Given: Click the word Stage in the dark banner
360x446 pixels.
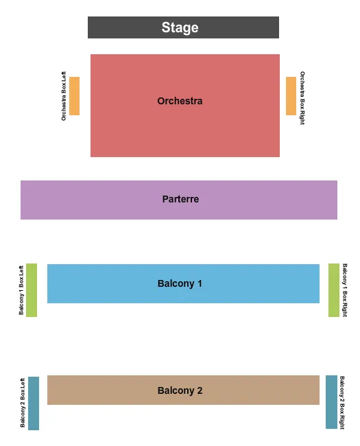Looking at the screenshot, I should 180,27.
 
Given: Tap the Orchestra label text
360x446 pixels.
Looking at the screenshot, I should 180,101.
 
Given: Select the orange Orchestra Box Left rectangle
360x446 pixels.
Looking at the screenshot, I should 74,96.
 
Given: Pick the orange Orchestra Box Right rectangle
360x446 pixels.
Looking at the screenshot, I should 291,96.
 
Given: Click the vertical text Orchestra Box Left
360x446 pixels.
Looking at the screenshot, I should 64,96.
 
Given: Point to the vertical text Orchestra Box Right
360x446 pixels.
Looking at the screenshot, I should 302,97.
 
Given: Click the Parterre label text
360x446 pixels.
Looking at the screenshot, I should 180,199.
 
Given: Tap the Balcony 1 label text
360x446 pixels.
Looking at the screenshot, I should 180,283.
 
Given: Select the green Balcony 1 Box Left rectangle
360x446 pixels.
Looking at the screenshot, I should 32,290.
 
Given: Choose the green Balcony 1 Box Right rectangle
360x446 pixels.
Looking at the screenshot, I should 334,290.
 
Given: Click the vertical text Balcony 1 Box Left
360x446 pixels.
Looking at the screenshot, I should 21,290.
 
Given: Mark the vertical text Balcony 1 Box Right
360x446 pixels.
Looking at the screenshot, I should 345,290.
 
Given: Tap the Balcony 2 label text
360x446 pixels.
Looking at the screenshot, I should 180,390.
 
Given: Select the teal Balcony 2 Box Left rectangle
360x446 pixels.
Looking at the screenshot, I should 34,403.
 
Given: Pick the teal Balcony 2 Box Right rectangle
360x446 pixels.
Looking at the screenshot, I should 331,402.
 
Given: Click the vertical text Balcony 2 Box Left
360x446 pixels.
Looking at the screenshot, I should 23,403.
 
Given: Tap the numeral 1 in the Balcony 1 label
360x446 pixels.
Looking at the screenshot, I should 200,283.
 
